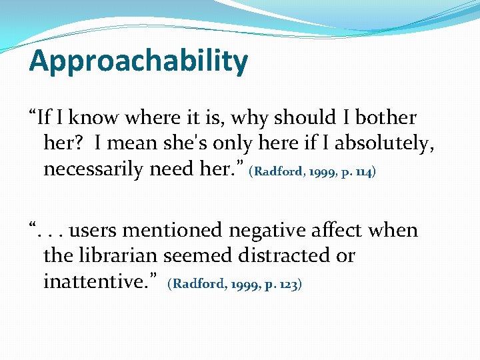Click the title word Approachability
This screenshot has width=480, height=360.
(x=139, y=62)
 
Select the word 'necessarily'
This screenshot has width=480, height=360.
(x=93, y=169)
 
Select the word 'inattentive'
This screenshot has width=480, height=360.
(x=101, y=282)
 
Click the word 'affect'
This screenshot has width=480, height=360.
(x=349, y=231)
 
